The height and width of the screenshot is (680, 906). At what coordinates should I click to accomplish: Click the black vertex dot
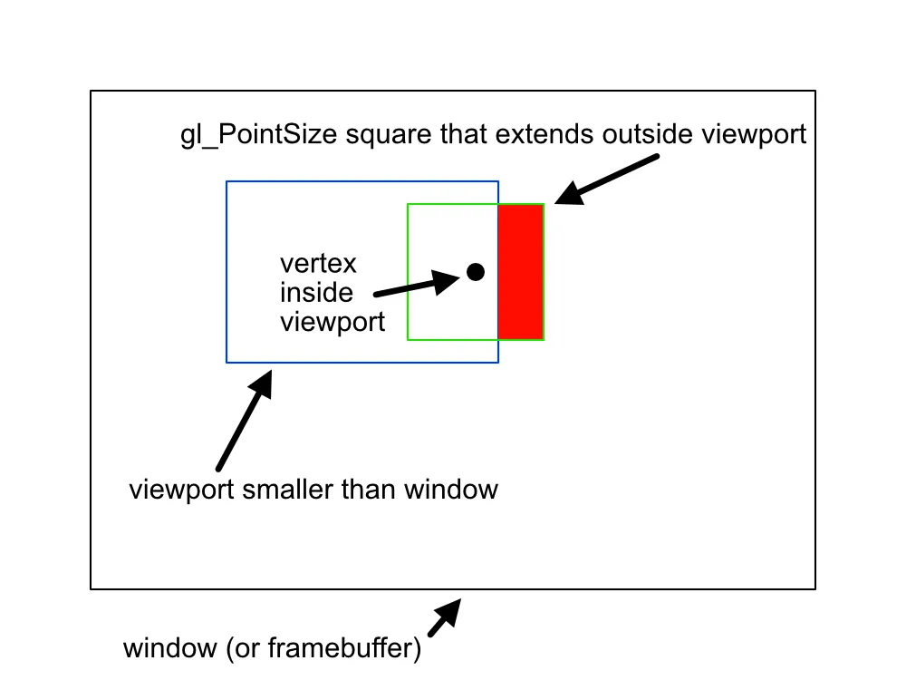pyautogui.click(x=475, y=271)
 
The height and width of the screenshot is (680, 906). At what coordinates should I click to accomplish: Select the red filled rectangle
pyautogui.click(x=521, y=272)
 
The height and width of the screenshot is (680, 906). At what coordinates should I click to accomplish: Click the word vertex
pyautogui.click(x=318, y=264)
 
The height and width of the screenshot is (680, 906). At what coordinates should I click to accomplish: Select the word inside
pyautogui.click(x=316, y=293)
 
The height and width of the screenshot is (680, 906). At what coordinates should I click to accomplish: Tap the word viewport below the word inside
pyautogui.click(x=333, y=322)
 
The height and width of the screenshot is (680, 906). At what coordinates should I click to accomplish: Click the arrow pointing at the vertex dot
pyautogui.click(x=417, y=283)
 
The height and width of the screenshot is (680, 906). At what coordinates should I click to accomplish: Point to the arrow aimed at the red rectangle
pyautogui.click(x=605, y=179)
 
